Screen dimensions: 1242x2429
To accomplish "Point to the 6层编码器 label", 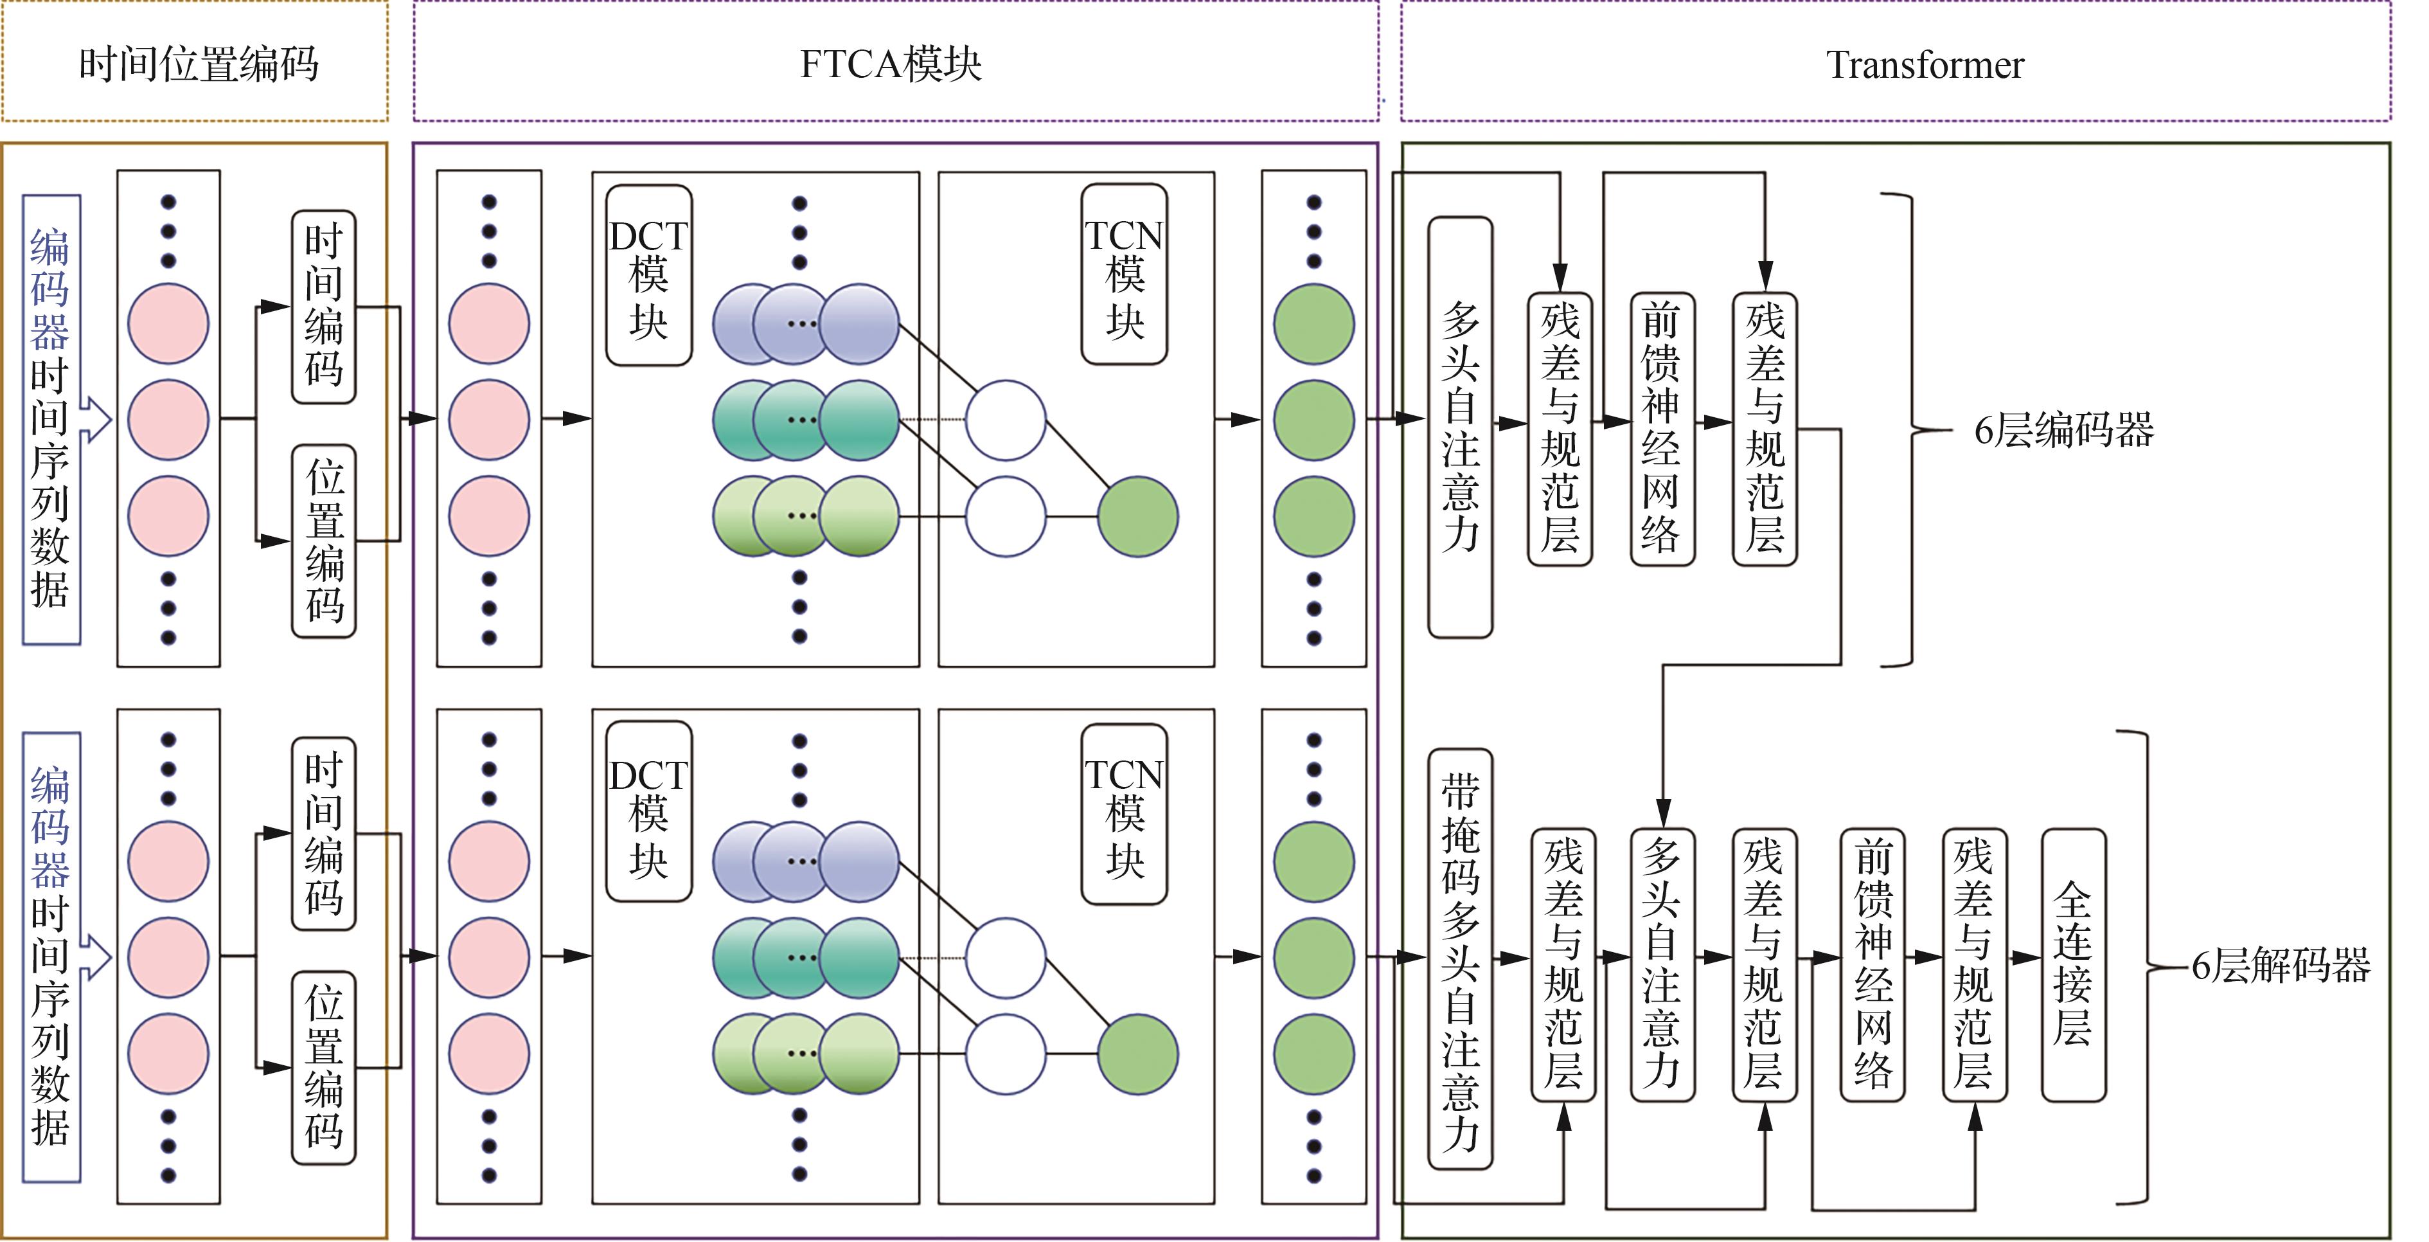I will [x=2063, y=430].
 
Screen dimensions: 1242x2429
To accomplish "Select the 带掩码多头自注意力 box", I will [x=1460, y=959].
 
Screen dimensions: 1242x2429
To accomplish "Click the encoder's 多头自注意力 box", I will [x=1460, y=428].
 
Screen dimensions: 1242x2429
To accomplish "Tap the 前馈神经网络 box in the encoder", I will [x=1662, y=428].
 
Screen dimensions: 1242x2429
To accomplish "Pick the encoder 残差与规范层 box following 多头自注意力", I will [x=1560, y=428].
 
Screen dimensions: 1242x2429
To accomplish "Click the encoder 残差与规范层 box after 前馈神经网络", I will [x=1764, y=428].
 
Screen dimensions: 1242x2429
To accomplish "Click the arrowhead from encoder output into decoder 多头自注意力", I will [x=1662, y=813].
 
